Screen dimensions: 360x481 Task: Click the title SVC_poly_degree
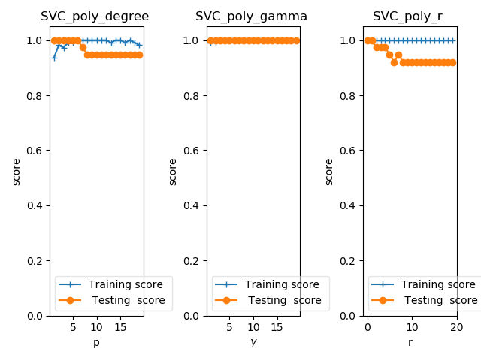(95, 16)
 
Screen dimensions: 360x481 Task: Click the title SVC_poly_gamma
(251, 16)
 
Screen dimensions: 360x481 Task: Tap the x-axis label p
(96, 342)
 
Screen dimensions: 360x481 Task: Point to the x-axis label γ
(253, 342)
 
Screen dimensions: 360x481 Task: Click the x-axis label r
(410, 342)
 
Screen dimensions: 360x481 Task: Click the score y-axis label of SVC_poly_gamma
(173, 172)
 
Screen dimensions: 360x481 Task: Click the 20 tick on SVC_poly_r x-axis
(457, 327)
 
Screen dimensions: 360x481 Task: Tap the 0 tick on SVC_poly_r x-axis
(367, 327)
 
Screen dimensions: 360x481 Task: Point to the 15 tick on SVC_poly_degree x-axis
(119, 327)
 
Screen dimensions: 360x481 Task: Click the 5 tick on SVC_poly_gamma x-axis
(230, 327)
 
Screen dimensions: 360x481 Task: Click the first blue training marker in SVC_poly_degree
(54, 57)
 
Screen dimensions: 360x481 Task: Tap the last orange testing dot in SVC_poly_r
(452, 62)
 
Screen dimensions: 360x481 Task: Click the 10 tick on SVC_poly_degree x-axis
(96, 327)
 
